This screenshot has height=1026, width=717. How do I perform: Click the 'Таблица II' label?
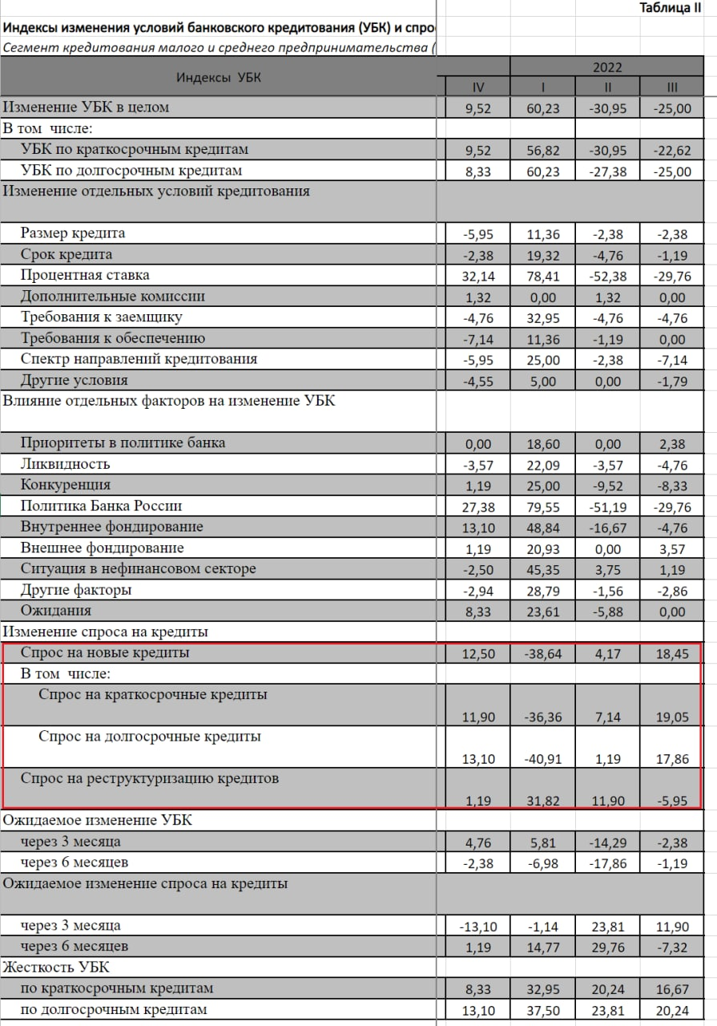(x=669, y=9)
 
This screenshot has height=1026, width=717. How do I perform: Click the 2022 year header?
(x=607, y=67)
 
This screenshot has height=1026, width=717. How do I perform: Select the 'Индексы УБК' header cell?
(x=219, y=78)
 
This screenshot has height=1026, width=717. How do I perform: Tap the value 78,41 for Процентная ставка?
(x=543, y=276)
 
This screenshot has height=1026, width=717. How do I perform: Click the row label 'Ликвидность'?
(x=65, y=464)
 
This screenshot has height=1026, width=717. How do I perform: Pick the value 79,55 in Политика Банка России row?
(x=543, y=507)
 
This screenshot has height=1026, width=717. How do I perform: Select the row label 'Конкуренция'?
(x=66, y=485)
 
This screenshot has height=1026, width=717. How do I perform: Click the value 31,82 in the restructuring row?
(x=543, y=800)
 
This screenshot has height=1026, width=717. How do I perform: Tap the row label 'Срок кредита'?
(x=66, y=255)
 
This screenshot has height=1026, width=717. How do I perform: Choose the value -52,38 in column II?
(x=606, y=276)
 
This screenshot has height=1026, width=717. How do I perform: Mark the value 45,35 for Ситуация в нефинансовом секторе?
(x=543, y=569)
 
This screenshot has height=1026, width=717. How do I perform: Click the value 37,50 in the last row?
(x=543, y=1010)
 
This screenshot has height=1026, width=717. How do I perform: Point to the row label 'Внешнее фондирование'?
(x=103, y=548)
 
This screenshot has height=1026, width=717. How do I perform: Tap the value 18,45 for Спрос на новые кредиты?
(x=671, y=654)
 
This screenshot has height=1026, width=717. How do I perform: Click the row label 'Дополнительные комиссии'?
(x=113, y=297)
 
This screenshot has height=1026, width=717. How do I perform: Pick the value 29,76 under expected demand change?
(x=608, y=947)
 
